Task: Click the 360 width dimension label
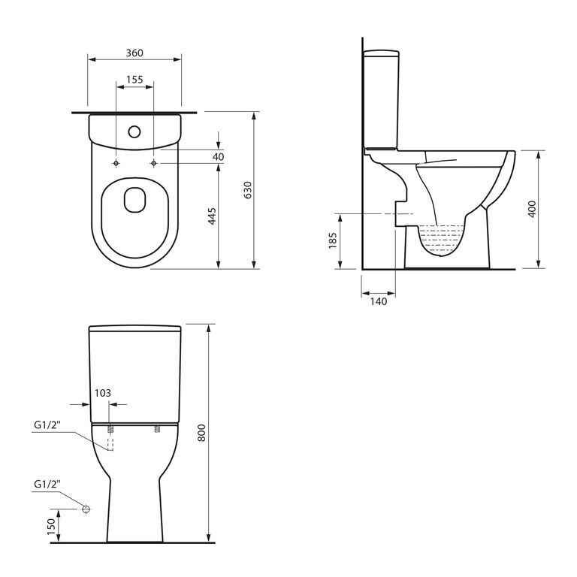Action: point(134,53)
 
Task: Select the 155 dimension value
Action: point(134,80)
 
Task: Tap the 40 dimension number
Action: point(218,157)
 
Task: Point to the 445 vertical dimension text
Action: point(212,216)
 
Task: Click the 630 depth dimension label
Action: point(248,190)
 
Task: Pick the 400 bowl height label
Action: point(532,209)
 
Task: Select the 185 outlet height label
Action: point(333,240)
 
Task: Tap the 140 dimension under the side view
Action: point(379,301)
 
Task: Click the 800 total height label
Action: point(201,433)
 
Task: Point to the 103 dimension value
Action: point(103,393)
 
